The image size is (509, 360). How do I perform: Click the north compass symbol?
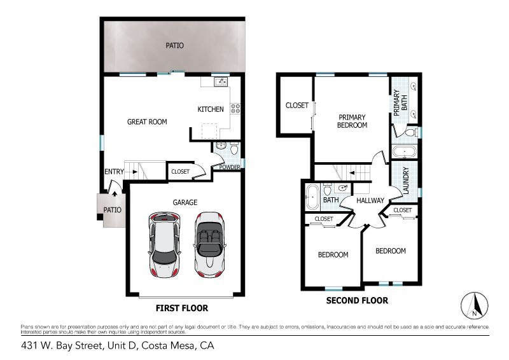[474, 305]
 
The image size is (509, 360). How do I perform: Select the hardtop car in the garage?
[165, 246]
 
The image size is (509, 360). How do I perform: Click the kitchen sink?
[221, 81]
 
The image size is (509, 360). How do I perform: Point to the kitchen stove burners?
[235, 108]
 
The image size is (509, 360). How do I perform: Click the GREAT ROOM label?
[147, 121]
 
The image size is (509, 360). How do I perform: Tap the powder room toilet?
[234, 148]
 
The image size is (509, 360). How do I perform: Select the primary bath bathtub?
[404, 152]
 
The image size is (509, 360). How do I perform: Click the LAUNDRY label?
[405, 181]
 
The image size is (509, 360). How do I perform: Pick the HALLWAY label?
[370, 200]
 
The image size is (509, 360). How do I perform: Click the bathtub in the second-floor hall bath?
[313, 197]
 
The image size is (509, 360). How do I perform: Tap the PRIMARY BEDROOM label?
[352, 121]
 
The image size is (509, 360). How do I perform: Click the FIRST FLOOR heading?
[182, 308]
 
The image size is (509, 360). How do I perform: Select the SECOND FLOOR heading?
[357, 301]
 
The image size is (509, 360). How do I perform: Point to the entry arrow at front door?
[115, 194]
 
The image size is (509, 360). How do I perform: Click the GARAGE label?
[185, 202]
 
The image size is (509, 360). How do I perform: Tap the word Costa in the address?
[153, 345]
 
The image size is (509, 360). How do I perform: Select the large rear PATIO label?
[174, 45]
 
